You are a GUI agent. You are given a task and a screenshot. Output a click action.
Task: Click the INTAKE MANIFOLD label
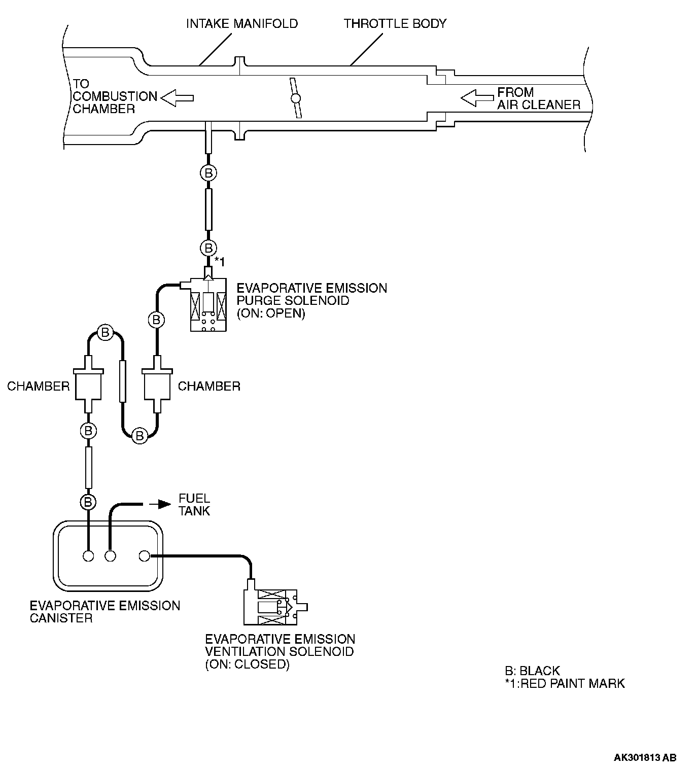click(x=242, y=24)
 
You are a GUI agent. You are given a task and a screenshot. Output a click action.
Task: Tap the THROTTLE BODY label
click(x=395, y=24)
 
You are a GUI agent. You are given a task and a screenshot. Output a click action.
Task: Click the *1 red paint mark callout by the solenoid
click(x=219, y=261)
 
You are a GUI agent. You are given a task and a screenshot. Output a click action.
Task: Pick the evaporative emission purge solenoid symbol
click(x=208, y=304)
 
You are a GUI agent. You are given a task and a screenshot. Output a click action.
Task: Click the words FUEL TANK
click(x=194, y=504)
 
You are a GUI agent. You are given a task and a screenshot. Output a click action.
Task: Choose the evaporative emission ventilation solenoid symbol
click(x=274, y=606)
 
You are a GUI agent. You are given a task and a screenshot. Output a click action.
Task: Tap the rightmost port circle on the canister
click(x=144, y=556)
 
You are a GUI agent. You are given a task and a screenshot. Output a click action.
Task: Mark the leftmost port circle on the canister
click(x=89, y=556)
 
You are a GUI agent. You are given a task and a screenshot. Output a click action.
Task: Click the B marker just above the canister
click(x=88, y=502)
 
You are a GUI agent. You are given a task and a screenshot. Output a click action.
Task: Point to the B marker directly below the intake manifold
click(x=208, y=172)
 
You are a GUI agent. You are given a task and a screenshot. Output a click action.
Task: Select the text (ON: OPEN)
click(x=271, y=313)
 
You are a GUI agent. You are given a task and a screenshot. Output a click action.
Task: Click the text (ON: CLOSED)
click(x=247, y=664)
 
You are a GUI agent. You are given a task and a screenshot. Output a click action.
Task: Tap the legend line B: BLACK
click(x=532, y=671)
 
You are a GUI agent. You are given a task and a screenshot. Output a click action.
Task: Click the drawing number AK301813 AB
click(x=645, y=758)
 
